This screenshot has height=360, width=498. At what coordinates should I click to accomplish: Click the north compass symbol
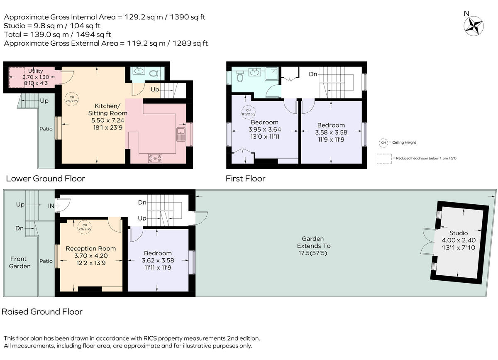pyautogui.click(x=474, y=25)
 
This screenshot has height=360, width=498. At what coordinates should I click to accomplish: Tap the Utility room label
pyautogui.click(x=35, y=71)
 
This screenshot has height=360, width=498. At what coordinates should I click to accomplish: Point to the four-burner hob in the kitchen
pyautogui.click(x=156, y=158)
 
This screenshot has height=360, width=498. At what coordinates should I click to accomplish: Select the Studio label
pyautogui.click(x=458, y=233)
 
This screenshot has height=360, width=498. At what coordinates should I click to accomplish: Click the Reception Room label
pyautogui.click(x=91, y=248)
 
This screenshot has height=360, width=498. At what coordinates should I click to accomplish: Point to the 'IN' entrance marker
pyautogui.click(x=51, y=205)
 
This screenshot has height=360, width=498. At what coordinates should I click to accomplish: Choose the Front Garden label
pyautogui.click(x=20, y=262)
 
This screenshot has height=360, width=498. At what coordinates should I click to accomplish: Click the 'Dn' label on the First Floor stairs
pyautogui.click(x=313, y=74)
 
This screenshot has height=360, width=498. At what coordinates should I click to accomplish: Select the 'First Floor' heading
pyautogui.click(x=245, y=179)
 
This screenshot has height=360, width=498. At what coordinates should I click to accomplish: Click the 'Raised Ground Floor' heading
pyautogui.click(x=42, y=312)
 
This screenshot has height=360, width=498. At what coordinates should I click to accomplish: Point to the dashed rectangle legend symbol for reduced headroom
pyautogui.click(x=384, y=158)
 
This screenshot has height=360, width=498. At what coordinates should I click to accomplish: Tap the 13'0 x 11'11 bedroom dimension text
pyautogui.click(x=264, y=136)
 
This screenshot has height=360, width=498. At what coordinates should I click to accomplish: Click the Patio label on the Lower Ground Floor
pyautogui.click(x=46, y=129)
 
